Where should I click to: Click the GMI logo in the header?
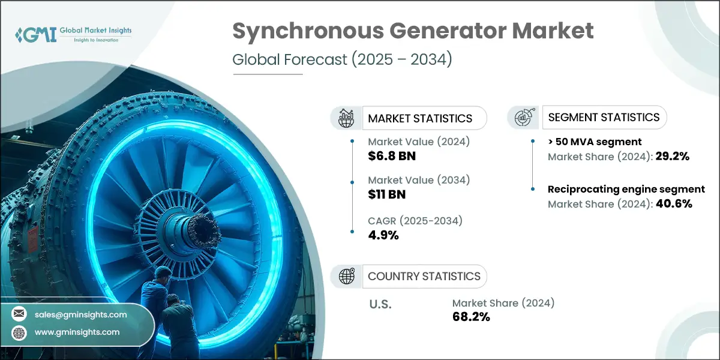(x=72, y=34)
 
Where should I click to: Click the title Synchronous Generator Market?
(x=413, y=31)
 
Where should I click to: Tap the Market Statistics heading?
(x=420, y=118)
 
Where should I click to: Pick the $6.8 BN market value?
(x=392, y=157)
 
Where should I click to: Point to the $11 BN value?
(x=388, y=194)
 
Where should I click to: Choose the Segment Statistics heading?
(x=604, y=117)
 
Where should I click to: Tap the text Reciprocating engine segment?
(x=626, y=190)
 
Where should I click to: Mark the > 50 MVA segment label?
(x=595, y=142)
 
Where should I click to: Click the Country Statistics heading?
(x=424, y=277)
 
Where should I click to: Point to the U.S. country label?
(x=380, y=305)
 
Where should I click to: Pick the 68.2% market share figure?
(x=471, y=317)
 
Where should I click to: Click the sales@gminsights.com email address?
(x=80, y=314)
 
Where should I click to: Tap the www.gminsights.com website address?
(x=77, y=332)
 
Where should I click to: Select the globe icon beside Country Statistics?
(x=347, y=277)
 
